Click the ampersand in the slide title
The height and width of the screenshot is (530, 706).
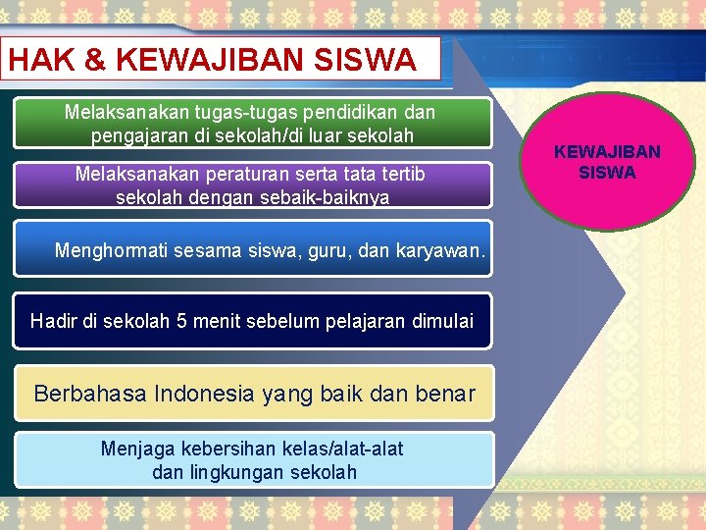point(95,61)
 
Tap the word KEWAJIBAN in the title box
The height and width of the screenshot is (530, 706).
point(209,61)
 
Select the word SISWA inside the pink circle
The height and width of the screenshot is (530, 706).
point(607,173)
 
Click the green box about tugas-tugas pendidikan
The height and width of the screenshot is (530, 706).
point(252,124)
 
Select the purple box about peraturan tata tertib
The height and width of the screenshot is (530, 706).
point(252,185)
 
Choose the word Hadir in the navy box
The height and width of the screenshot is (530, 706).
point(51,321)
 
